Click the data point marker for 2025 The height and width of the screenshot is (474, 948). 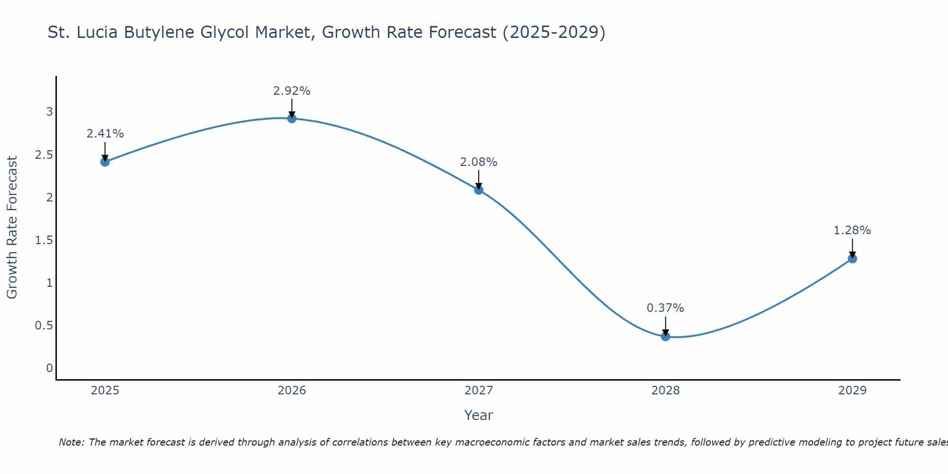105,162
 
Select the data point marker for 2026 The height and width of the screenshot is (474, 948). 292,118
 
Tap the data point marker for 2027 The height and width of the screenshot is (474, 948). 479,190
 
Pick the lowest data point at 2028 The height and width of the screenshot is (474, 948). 665,337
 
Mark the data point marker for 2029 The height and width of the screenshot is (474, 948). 852,259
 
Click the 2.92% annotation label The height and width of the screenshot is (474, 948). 292,91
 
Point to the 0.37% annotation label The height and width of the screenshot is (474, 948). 665,308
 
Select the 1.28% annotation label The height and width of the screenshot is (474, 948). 852,230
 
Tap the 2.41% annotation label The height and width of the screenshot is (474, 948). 105,134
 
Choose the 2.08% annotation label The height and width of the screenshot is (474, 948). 479,162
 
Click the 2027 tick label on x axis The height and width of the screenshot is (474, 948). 479,391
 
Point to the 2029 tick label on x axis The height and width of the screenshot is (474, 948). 852,391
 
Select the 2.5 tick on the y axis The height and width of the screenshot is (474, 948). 44,155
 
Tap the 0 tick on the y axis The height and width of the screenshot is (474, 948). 49,368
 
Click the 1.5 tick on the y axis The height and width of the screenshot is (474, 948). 44,240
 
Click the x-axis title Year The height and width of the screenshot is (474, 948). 479,415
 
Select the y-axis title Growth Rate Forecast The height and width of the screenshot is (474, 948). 12,228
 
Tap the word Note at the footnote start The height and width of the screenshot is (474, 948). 71,442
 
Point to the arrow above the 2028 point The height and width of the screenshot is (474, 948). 665,326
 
